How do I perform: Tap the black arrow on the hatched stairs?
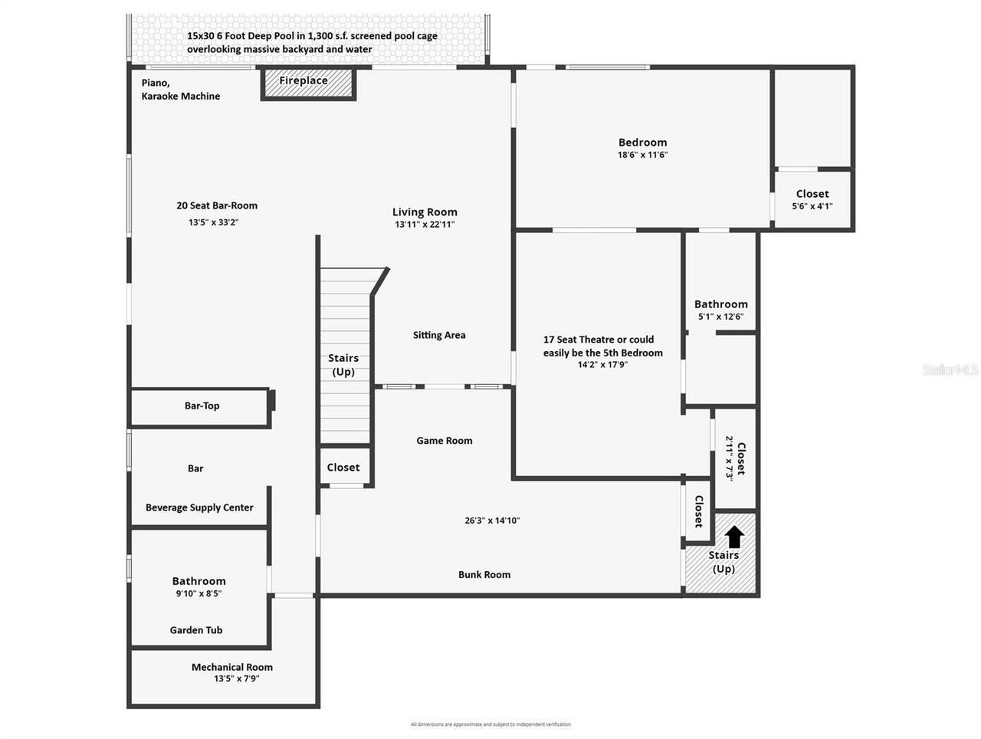pos(734,536)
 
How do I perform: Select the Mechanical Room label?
pos(231,667)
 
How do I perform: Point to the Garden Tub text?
pos(196,630)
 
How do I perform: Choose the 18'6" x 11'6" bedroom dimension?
pos(643,155)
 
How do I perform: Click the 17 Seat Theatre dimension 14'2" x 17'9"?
pos(603,365)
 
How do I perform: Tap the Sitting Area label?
pos(439,335)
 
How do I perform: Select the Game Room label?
pos(445,441)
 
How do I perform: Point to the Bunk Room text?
pos(484,575)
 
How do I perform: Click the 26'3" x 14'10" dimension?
pos(492,521)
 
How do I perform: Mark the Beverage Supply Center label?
pos(199,507)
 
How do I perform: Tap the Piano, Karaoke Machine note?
pos(180,90)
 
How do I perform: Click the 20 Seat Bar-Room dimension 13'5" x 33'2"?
pos(214,222)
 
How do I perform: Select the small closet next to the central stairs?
pos(343,467)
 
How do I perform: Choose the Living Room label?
pos(425,212)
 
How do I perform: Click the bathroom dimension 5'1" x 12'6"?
pos(720,317)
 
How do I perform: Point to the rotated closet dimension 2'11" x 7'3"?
pos(730,458)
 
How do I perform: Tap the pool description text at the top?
pos(312,42)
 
